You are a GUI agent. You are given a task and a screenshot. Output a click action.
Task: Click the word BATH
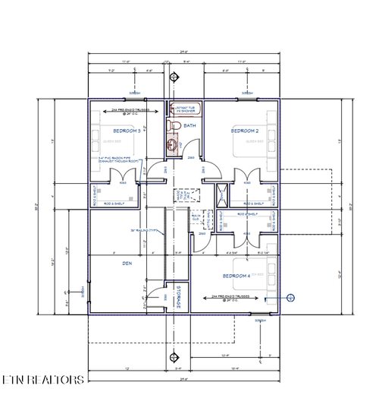click(189, 126)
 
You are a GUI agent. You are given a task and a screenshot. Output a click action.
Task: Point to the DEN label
click(127, 264)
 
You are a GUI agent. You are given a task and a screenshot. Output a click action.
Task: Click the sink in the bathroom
click(174, 144)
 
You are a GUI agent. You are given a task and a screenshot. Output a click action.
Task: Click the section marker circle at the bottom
click(175, 355)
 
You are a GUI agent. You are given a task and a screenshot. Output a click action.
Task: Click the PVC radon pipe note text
click(119, 160)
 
